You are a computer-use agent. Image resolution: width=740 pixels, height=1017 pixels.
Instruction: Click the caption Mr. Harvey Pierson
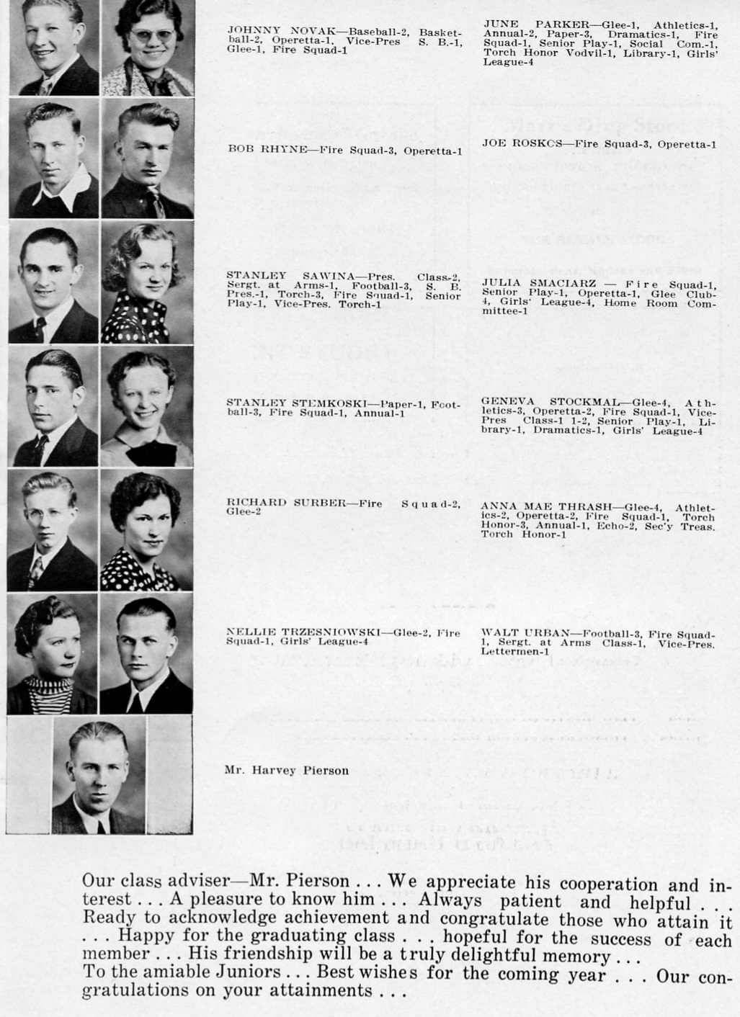point(286,770)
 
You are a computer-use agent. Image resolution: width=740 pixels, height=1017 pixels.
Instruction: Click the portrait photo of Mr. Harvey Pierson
point(99,776)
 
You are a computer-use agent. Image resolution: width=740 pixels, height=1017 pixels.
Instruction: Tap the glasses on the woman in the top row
point(150,35)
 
